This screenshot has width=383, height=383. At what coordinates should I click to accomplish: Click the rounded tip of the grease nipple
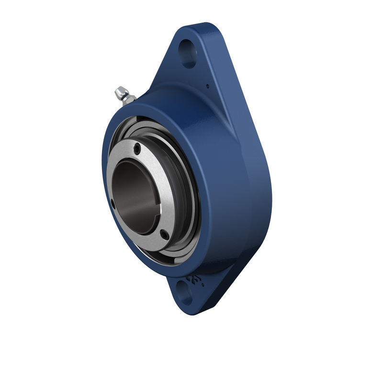click(117, 90)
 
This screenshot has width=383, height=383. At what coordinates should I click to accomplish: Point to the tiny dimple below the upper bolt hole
click(207, 87)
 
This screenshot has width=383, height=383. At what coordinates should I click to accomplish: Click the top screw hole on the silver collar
click(137, 148)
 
